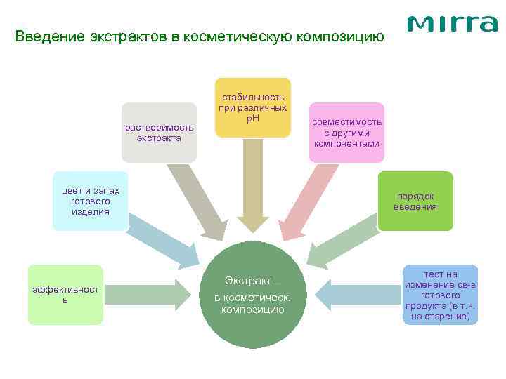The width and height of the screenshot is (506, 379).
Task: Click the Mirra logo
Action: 452,24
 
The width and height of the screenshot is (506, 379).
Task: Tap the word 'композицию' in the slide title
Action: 344,36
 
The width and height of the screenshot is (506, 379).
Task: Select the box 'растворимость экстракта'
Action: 159,132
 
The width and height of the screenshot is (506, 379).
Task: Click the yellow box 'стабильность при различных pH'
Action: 253,107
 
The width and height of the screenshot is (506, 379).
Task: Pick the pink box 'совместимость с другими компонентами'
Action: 346,132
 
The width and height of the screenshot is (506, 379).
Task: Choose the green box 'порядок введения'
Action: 415,201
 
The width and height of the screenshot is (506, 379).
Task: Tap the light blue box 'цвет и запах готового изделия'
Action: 91,201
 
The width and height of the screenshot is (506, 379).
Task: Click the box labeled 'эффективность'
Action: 65,295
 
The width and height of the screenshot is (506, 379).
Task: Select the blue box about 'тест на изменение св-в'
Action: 441,294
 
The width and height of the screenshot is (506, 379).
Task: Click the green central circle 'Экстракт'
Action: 253,294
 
